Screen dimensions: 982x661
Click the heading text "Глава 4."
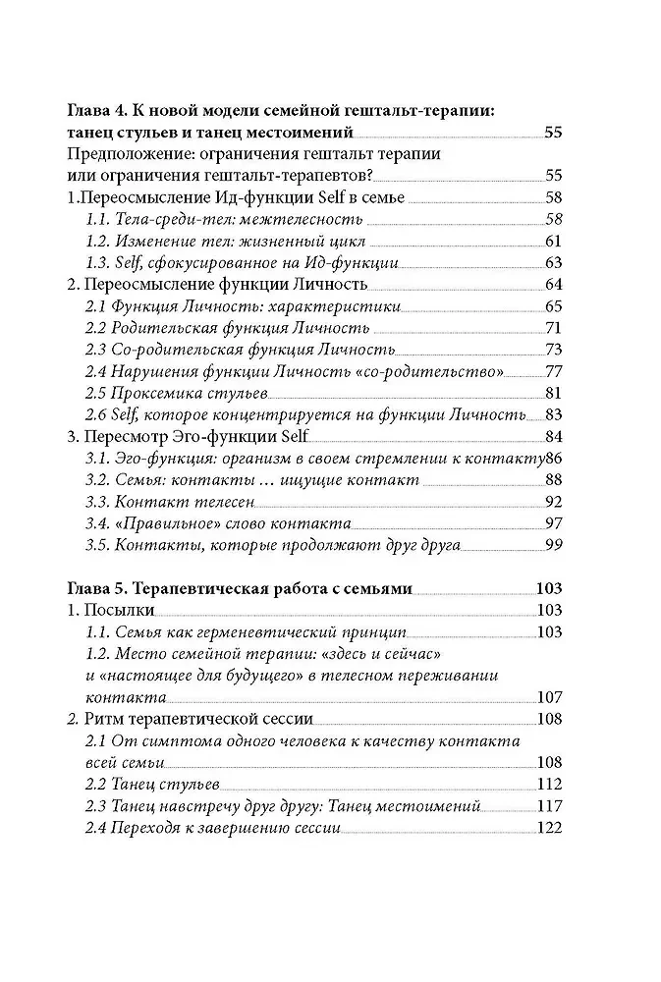98,111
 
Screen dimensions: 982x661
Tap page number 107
548,697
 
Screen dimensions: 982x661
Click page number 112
548,784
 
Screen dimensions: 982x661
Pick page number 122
548,827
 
